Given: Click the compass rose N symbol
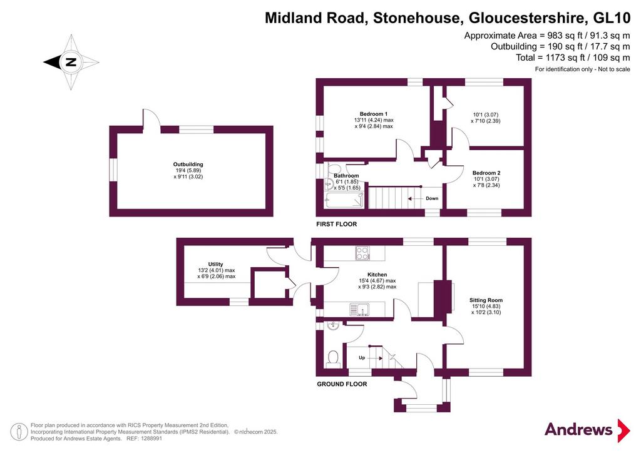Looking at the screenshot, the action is pos(71,63).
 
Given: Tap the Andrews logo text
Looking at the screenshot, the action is pos(578,429).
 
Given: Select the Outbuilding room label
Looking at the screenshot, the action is pos(188,165).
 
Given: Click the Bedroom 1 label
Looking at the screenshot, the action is pos(374,114).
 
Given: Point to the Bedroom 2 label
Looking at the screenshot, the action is pos(486,173).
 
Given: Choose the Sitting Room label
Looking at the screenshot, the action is pos(486,300).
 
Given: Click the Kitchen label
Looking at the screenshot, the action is pos(377,275).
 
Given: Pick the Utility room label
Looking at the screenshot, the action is pos(216,264).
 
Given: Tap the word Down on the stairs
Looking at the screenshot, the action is pos(432,198).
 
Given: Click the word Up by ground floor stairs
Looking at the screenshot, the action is pos(362,358).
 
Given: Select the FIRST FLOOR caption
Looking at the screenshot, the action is pos(336,224).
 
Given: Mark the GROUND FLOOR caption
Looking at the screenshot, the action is pos(342,384).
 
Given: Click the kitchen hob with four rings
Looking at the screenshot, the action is pos(362,253).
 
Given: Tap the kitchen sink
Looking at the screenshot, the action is pos(359,309).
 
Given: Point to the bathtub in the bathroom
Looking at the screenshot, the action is pos(344,200).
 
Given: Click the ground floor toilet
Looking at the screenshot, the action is pos(333,359).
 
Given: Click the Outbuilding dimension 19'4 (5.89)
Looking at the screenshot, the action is pos(188,171).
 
